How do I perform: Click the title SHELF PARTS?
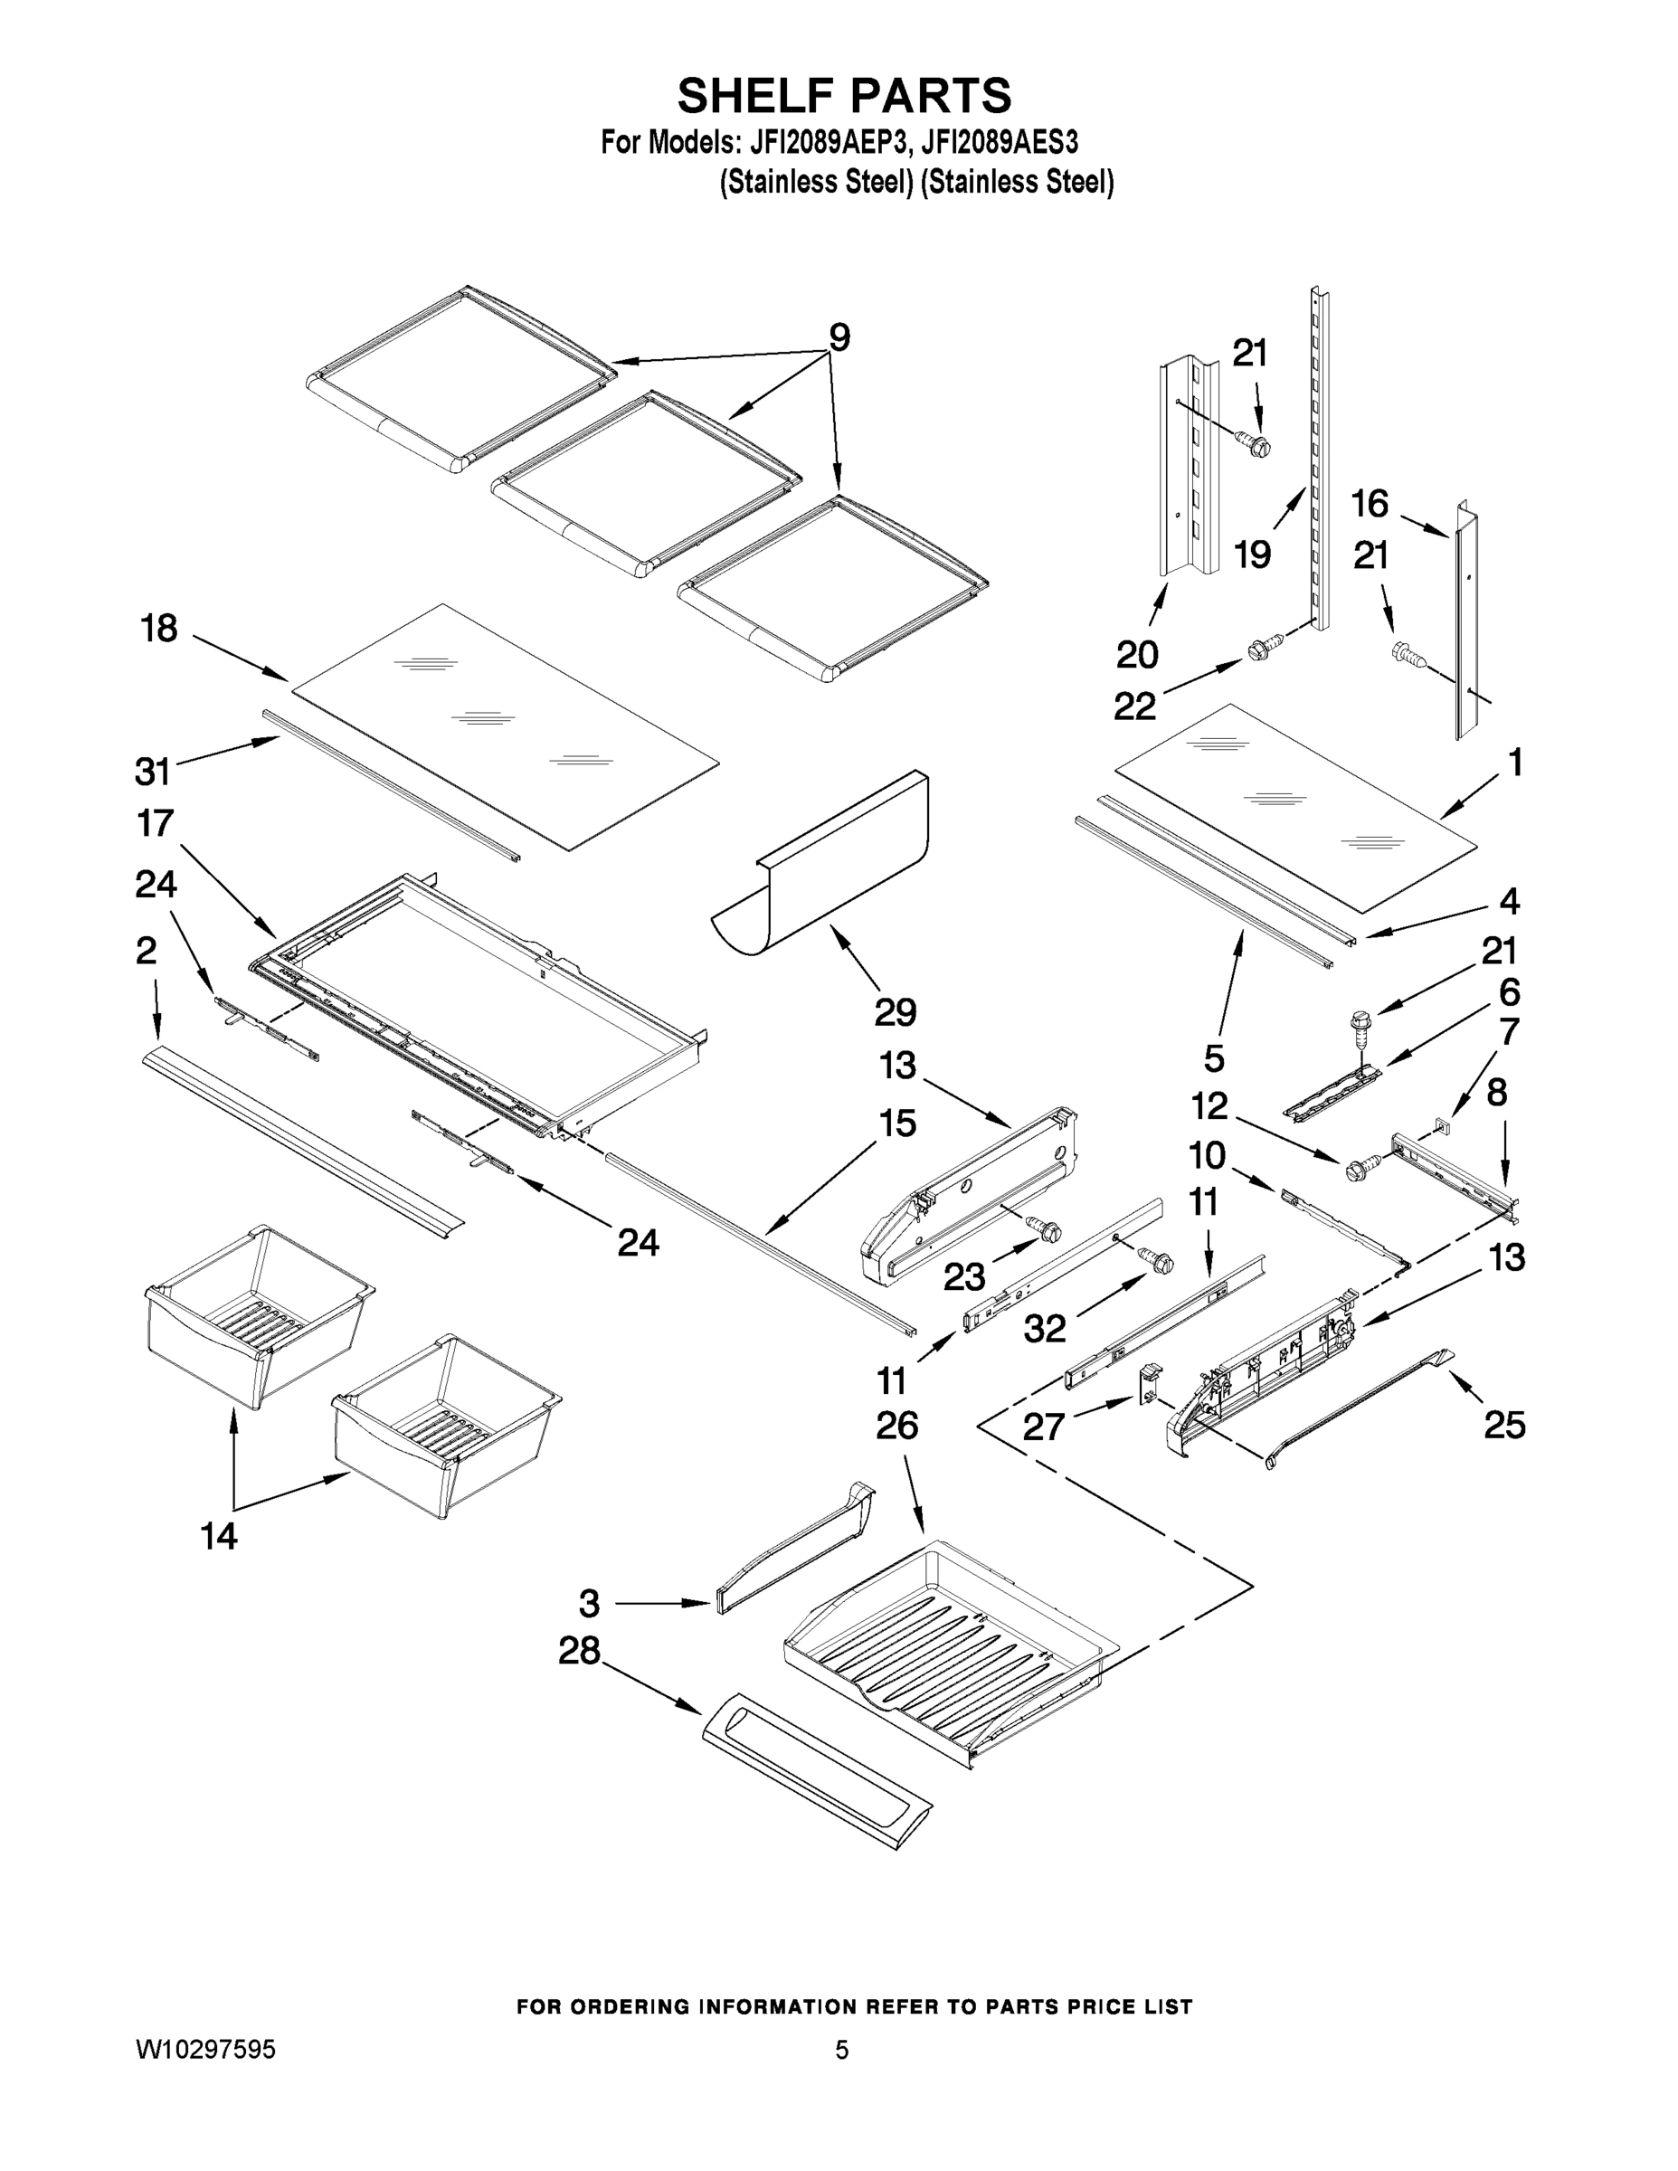(844, 97)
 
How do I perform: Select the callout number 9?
(839, 338)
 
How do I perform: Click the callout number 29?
(895, 1012)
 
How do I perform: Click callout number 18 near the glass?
(159, 629)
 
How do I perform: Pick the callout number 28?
(580, 1651)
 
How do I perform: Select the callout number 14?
(219, 1536)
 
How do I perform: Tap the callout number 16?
(1369, 504)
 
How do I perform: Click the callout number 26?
(896, 1426)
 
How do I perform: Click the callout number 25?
(1504, 1425)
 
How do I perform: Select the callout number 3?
(590, 1604)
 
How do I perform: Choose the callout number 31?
(152, 771)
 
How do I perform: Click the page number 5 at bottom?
(842, 2050)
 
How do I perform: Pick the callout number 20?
(1137, 654)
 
